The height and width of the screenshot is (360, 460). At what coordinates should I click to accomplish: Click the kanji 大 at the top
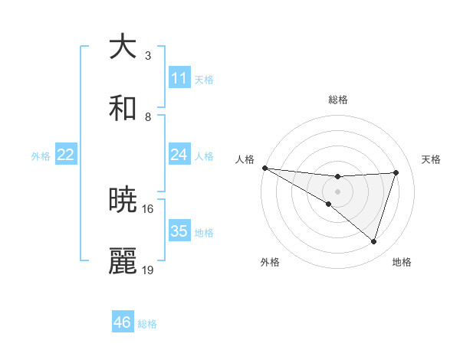tap(123, 47)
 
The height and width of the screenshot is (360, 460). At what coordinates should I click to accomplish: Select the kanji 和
tap(123, 108)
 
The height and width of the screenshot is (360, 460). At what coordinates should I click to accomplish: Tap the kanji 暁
tap(123, 200)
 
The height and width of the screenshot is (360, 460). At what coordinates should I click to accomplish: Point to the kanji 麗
tap(123, 261)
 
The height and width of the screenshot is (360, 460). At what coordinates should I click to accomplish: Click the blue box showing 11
tap(179, 78)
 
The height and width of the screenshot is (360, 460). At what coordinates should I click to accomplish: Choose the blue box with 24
tap(179, 155)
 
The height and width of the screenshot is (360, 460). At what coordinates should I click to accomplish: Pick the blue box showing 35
tap(179, 231)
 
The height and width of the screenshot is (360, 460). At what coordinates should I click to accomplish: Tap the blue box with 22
tap(66, 155)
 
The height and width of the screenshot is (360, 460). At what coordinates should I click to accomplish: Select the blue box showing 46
tap(123, 322)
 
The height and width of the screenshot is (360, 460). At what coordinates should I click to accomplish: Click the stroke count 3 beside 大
tap(148, 56)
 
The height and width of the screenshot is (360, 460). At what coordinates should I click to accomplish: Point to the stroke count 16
tap(148, 208)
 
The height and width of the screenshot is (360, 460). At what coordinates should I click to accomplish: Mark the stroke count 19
tap(148, 270)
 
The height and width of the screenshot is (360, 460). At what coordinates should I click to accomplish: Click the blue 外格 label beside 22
tap(41, 155)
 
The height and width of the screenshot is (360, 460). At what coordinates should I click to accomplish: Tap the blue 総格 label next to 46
tap(147, 324)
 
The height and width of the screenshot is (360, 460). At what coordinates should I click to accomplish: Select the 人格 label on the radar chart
tap(245, 159)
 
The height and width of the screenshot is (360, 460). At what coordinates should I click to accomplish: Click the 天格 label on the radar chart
tap(432, 159)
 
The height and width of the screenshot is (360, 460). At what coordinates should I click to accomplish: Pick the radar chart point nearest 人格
tap(264, 168)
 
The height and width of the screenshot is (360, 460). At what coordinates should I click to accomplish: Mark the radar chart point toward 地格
tap(374, 241)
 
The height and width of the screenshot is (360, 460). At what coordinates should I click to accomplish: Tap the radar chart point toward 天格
tap(396, 172)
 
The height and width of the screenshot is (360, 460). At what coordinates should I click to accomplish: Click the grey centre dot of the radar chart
tap(337, 191)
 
